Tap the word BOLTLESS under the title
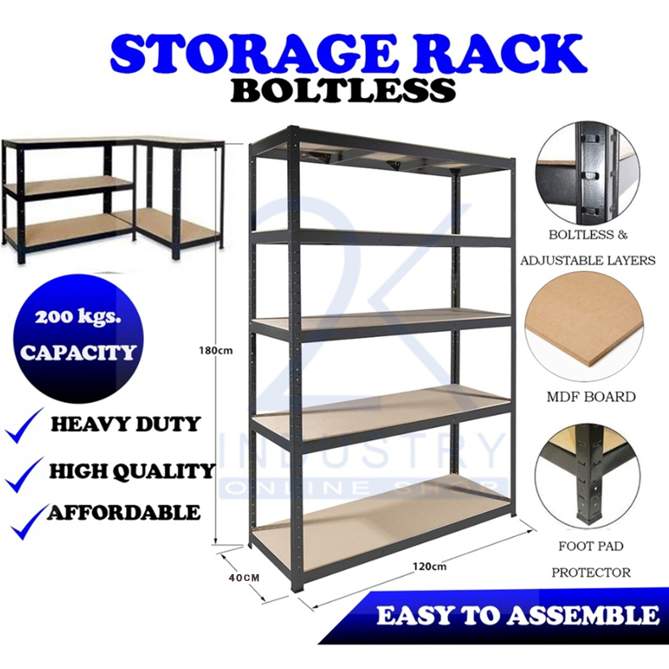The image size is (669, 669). click(x=344, y=90)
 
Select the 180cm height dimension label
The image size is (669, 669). click(x=216, y=351)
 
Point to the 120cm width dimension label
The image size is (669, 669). click(x=429, y=567)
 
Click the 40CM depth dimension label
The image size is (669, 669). click(x=244, y=578)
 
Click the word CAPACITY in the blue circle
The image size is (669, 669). click(x=79, y=352)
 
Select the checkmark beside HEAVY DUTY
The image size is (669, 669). click(x=25, y=426)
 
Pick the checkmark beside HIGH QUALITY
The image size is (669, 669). click(x=25, y=474)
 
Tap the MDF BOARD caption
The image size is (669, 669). click(x=591, y=397)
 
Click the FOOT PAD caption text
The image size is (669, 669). click(x=591, y=546)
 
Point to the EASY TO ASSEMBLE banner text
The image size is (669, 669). click(x=518, y=616)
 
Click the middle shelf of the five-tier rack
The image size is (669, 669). click(x=382, y=321)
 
